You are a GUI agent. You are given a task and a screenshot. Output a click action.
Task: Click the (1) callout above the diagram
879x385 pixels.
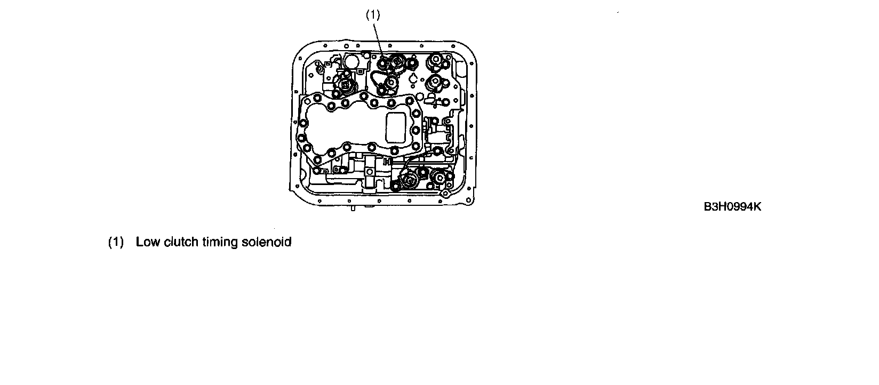pos(373,15)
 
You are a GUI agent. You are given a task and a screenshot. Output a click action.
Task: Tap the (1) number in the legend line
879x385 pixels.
pos(116,242)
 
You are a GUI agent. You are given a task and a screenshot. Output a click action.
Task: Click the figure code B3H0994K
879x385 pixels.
pos(732,207)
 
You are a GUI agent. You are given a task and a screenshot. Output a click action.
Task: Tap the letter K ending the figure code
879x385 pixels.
pos(757,207)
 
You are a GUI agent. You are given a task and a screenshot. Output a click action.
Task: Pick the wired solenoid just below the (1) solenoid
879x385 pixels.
pos(392,83)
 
